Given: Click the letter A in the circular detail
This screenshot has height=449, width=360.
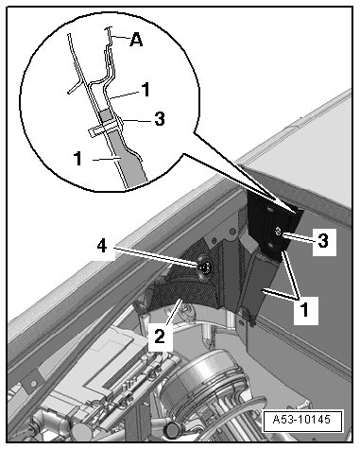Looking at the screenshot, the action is [136, 40].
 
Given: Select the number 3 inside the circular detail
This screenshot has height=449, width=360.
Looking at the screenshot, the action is [160, 119].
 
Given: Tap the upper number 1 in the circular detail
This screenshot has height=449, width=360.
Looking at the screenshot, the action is [146, 90].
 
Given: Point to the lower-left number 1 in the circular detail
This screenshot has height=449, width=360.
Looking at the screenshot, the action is [77, 158].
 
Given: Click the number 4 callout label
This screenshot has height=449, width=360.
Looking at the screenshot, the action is [102, 246].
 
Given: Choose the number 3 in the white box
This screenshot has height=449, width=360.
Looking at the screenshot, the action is [323, 241].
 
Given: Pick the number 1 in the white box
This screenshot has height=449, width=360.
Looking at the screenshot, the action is [304, 310].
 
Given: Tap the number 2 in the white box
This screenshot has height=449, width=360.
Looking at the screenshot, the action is [160, 337].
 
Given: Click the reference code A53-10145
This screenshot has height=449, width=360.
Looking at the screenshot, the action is [302, 420].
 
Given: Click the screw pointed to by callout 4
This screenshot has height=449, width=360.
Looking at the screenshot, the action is [205, 268].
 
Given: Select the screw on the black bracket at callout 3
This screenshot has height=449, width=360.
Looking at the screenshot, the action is [278, 231].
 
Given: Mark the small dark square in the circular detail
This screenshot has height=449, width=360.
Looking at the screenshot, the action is [106, 115].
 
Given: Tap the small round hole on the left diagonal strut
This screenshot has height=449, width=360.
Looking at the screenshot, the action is [32, 384].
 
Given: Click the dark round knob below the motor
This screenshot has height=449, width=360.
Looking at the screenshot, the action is [173, 429].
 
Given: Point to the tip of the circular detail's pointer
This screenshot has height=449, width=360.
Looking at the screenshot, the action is [297, 214].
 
